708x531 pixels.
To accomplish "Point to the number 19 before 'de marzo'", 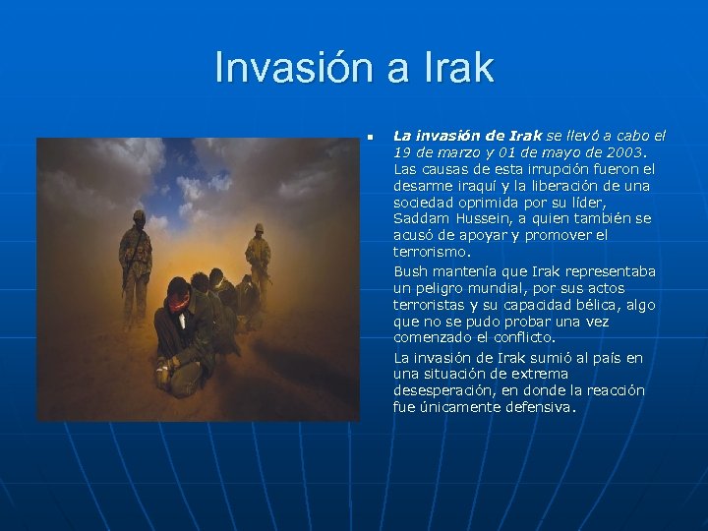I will click(402, 152).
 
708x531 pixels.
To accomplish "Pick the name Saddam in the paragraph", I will click(421, 217).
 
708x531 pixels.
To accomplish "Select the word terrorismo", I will click(433, 252).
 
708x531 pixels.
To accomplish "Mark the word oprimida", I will click(484, 202).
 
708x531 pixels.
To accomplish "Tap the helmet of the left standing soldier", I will click(139, 215).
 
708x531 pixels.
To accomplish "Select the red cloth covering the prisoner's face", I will click(178, 300).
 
